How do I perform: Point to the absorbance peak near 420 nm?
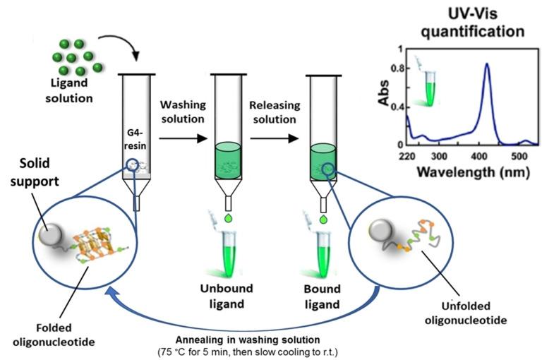(486, 64)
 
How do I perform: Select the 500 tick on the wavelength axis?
(519, 155)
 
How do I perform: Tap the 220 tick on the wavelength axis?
(407, 155)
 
